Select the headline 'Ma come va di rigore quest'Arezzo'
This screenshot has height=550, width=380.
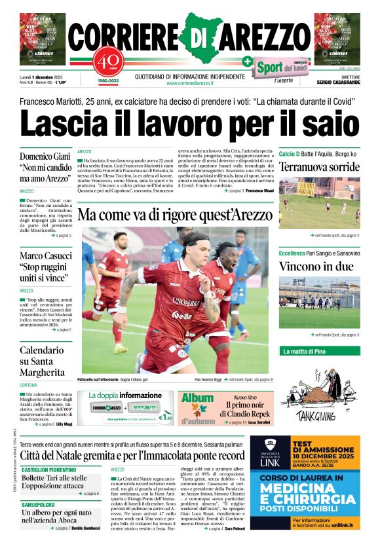[174, 215]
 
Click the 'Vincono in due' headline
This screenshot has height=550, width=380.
[307, 266]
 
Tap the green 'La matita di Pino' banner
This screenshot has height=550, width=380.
[304, 351]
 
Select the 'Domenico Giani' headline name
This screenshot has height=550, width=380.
[45, 158]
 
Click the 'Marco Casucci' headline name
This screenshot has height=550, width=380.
[46, 256]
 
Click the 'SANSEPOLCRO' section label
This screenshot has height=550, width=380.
[36, 504]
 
